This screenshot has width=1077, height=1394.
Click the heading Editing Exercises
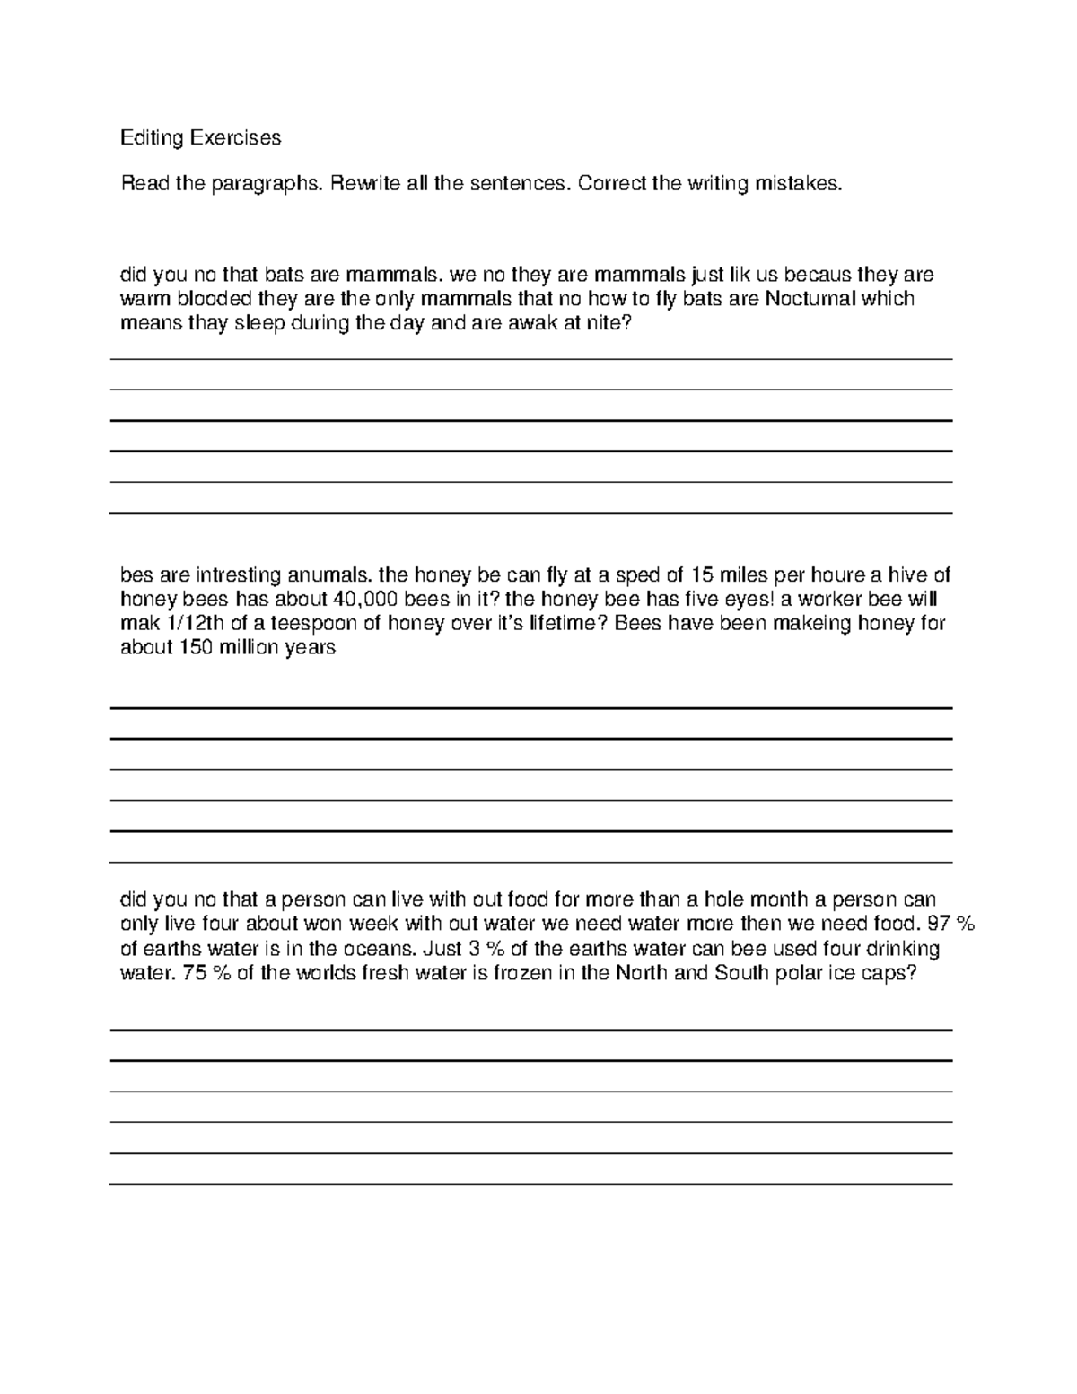point(200,137)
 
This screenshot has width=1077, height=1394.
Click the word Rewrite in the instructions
point(364,184)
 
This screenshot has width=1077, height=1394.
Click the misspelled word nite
point(613,324)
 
